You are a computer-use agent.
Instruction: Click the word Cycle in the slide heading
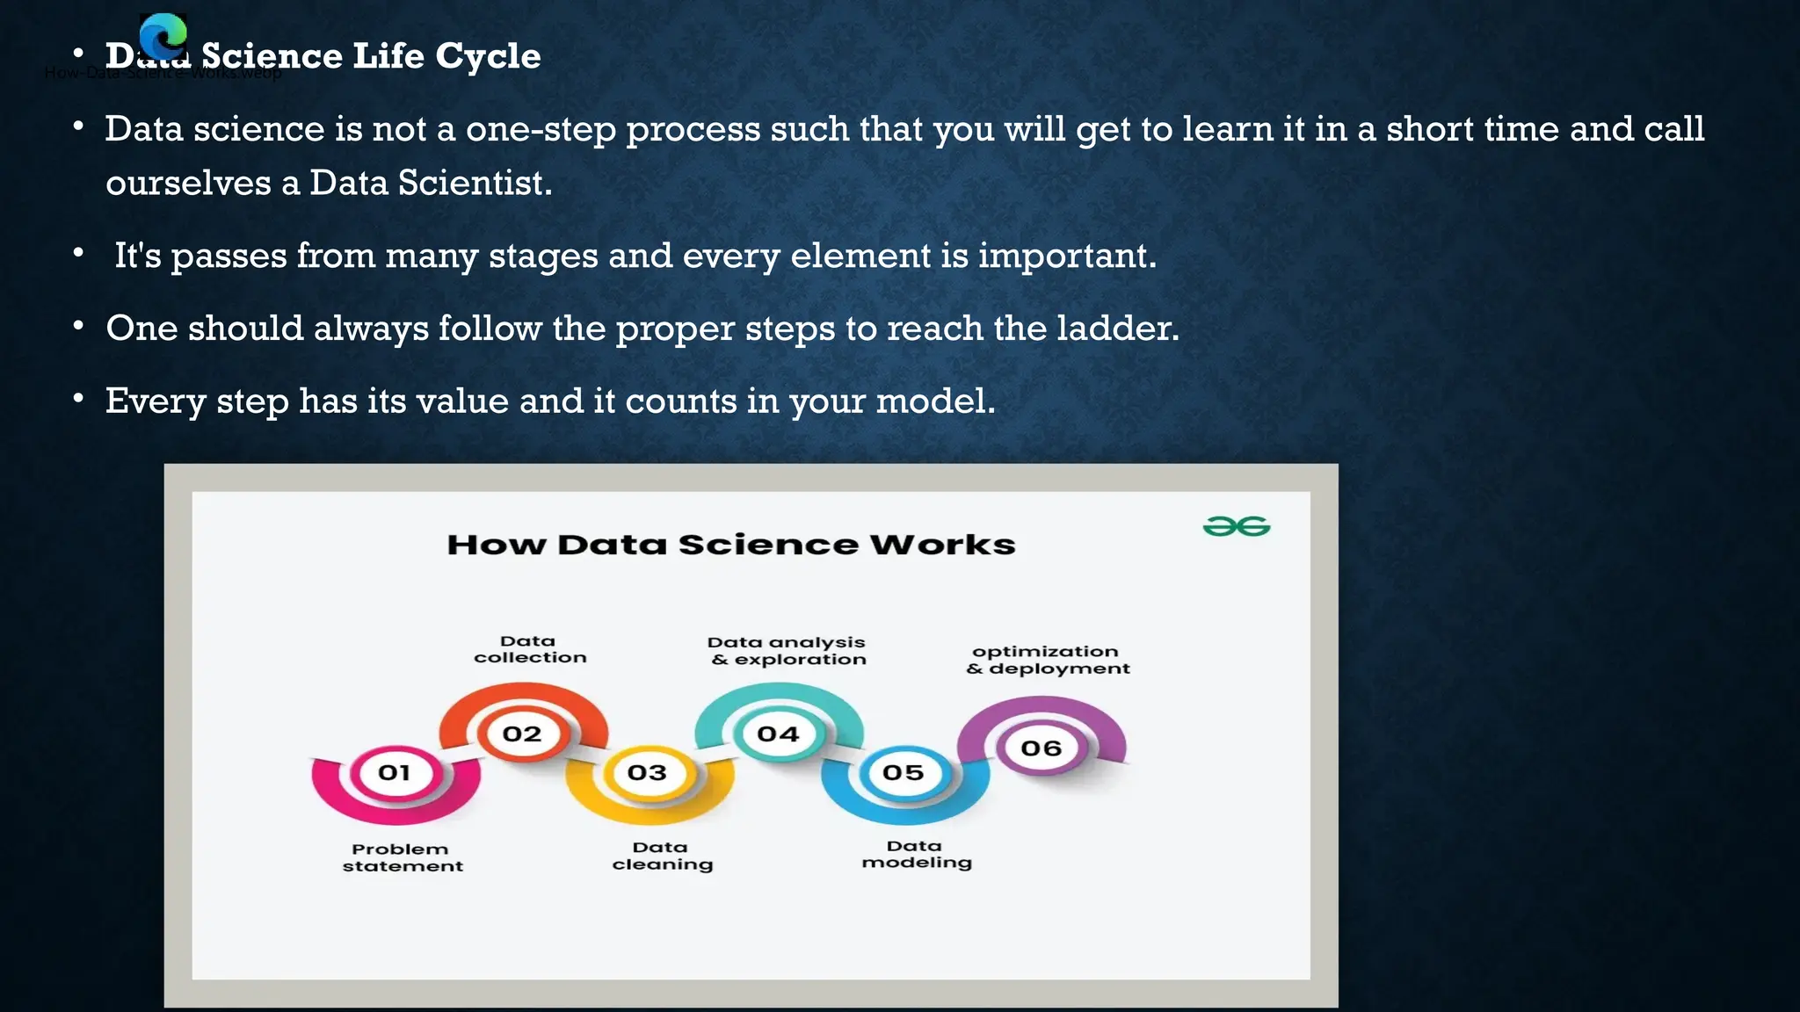coord(488,56)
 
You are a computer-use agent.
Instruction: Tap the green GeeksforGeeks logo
coord(1236,526)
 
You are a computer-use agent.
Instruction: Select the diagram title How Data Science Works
coord(731,545)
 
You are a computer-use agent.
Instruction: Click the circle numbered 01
coord(395,773)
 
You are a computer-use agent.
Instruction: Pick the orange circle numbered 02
coord(522,734)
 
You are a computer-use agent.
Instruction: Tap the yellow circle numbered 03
coord(648,773)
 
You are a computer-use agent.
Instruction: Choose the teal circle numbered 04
coord(778,734)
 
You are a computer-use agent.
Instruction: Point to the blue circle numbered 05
coord(904,773)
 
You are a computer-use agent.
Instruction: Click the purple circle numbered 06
coord(1042,748)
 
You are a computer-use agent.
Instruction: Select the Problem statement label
coord(402,857)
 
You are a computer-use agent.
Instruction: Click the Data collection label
coord(530,649)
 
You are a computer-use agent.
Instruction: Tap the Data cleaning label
coord(662,856)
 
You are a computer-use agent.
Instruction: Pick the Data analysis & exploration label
coord(787,651)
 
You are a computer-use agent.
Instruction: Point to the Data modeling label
coord(916,854)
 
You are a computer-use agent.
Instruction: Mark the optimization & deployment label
coord(1047,660)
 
